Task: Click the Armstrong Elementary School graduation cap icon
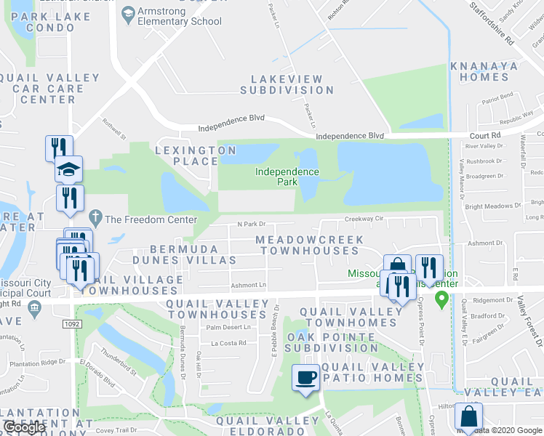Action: tap(129, 14)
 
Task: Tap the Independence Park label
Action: tap(287, 177)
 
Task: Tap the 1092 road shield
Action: tap(71, 323)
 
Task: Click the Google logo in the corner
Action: tap(25, 428)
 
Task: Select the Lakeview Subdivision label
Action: tap(287, 84)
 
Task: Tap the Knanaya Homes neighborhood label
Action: tap(494, 71)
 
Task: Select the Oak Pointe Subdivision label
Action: tap(333, 342)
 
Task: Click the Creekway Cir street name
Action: tap(364, 218)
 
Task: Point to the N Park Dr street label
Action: tap(252, 225)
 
